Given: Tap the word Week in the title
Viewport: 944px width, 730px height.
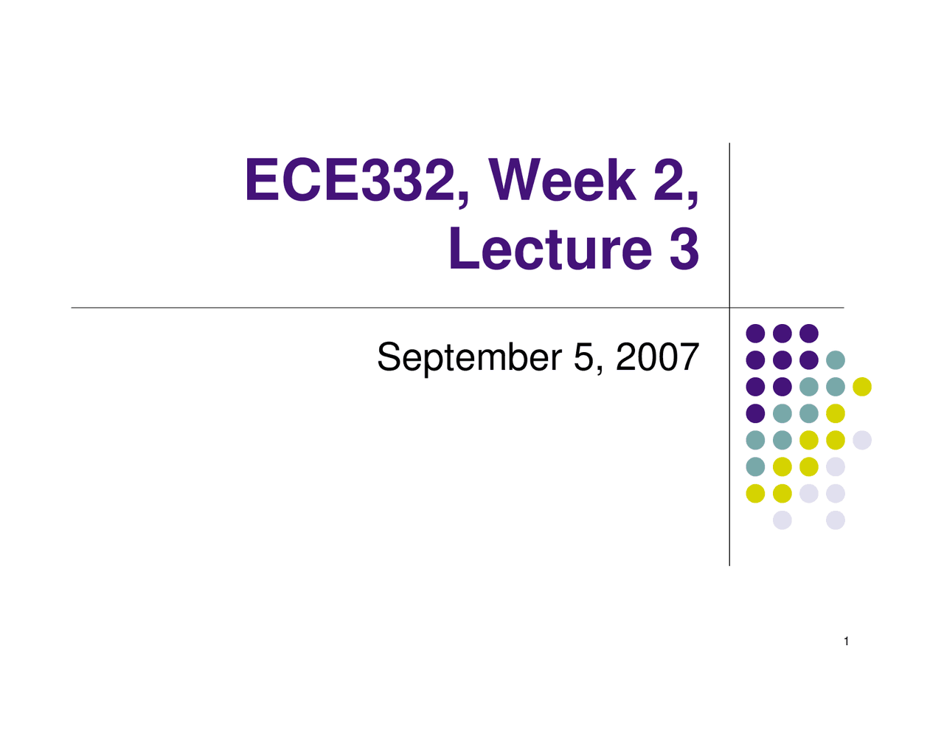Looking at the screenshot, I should pyautogui.click(x=562, y=182).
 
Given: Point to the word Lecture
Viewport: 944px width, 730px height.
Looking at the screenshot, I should pyautogui.click(x=550, y=249).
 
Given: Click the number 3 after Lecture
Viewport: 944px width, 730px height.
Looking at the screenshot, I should pyautogui.click(x=684, y=249).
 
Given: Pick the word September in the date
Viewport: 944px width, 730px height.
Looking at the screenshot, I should pyautogui.click(x=469, y=358).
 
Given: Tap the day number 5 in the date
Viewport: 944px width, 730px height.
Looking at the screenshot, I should pyautogui.click(x=583, y=358).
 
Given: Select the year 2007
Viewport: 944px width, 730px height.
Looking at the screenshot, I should pyautogui.click(x=657, y=358).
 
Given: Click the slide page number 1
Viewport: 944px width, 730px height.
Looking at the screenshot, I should pyautogui.click(x=847, y=641).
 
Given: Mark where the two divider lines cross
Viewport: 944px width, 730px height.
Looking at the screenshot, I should pyautogui.click(x=729, y=308).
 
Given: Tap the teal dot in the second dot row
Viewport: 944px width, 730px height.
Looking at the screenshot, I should pyautogui.click(x=836, y=360).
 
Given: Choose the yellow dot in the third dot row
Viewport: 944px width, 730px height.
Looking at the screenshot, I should pyautogui.click(x=862, y=387).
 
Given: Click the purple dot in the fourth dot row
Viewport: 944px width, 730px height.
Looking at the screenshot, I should pyautogui.click(x=755, y=413).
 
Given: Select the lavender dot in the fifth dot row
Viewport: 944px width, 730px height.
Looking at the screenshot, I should pyautogui.click(x=862, y=440).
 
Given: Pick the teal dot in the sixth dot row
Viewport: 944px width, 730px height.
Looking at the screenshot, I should pyautogui.click(x=755, y=466).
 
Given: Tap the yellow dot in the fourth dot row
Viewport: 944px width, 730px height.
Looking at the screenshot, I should pyautogui.click(x=836, y=413).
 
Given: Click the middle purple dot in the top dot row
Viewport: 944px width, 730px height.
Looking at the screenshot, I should pyautogui.click(x=782, y=334).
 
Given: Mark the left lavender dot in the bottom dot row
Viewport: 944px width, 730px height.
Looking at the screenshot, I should pyautogui.click(x=782, y=520).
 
